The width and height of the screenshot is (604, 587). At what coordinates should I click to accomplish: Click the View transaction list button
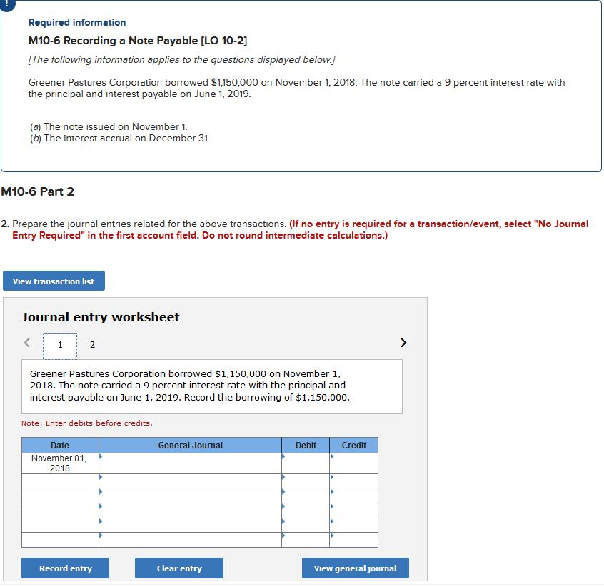click(x=54, y=281)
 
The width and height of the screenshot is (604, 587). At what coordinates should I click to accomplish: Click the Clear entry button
click(x=179, y=568)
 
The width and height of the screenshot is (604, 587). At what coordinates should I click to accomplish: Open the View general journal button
click(x=355, y=568)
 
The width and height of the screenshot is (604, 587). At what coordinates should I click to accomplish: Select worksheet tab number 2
click(x=91, y=345)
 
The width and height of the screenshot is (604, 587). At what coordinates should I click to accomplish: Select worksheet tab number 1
click(x=60, y=345)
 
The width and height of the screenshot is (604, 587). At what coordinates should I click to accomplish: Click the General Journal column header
click(x=190, y=446)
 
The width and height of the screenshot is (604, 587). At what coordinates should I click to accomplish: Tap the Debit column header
click(x=306, y=446)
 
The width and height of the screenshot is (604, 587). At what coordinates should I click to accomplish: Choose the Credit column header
click(x=354, y=446)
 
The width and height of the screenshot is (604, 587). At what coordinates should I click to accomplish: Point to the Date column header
click(x=60, y=446)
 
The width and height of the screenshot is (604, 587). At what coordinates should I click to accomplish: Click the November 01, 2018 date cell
click(x=60, y=463)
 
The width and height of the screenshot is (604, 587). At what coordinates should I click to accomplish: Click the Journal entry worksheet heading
click(x=101, y=317)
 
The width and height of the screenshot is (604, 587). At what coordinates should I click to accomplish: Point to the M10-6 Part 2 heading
click(x=37, y=191)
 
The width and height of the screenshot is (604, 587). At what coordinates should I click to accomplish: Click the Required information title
click(x=77, y=23)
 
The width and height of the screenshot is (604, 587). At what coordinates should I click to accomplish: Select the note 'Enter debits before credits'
click(x=87, y=423)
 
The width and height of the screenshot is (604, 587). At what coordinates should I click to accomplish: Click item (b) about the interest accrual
click(x=120, y=138)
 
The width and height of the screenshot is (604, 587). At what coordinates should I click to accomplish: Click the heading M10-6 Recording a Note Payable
click(x=128, y=40)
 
